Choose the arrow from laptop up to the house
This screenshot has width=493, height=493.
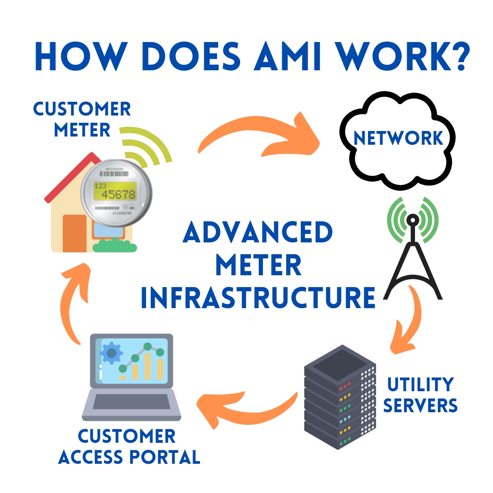tap(73, 301)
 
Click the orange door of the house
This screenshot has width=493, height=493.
tap(74, 233)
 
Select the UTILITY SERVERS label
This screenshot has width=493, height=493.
tap(420, 395)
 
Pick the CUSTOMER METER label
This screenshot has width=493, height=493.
tap(82, 120)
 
